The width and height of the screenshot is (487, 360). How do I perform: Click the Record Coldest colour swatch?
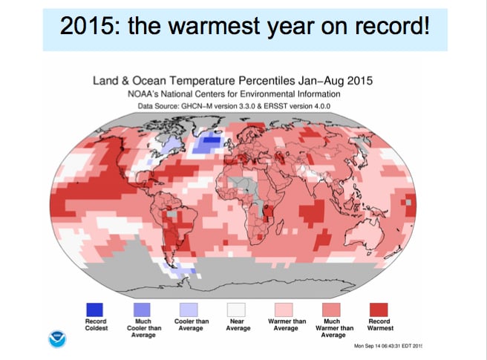pyautogui.click(x=94, y=309)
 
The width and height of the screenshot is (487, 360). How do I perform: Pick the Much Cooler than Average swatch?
pyautogui.click(x=142, y=309)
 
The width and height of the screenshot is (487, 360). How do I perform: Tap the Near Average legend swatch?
pyautogui.click(x=238, y=309)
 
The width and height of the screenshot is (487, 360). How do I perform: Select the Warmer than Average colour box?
pyautogui.click(x=286, y=309)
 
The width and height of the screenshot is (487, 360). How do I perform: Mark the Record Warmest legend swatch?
pyautogui.click(x=380, y=309)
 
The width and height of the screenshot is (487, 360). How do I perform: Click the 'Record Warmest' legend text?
pyautogui.click(x=380, y=325)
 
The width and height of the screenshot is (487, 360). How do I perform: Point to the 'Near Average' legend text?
pyautogui.click(x=238, y=325)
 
